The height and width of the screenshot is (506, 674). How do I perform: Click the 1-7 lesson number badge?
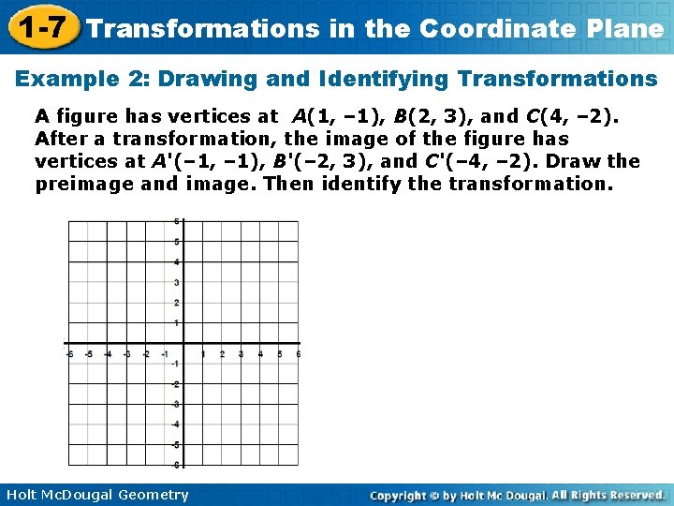point(39,27)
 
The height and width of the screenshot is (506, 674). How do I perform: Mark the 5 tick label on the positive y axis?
point(177,242)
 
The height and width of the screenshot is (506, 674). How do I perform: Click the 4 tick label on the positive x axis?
point(260,354)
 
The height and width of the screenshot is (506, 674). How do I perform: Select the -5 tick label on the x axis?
point(89,354)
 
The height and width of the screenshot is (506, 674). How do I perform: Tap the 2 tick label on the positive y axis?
point(177,303)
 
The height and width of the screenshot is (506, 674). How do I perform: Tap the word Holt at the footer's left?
point(22,495)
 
